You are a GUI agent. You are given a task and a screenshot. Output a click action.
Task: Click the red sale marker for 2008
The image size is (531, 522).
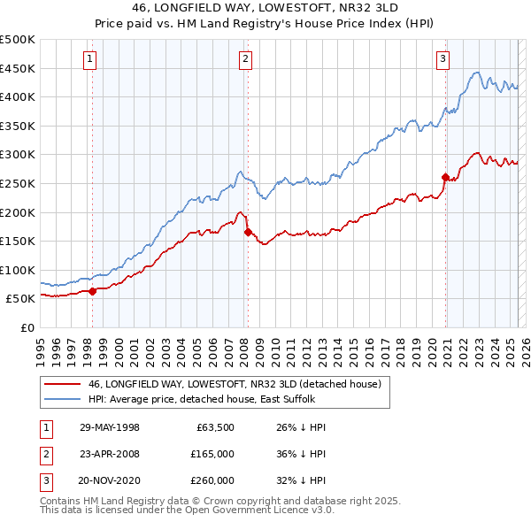point(248,232)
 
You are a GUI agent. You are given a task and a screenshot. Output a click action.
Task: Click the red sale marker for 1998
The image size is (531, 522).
point(92,290)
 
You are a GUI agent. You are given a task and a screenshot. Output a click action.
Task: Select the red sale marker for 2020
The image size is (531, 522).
point(444,177)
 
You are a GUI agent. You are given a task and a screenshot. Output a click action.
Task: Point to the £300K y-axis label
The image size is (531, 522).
point(18,155)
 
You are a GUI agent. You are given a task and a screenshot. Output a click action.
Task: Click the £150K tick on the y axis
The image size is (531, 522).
point(18,241)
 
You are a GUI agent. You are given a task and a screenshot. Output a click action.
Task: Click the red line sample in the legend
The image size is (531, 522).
point(62,385)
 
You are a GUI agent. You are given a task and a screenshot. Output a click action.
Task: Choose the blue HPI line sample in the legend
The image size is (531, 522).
point(62,400)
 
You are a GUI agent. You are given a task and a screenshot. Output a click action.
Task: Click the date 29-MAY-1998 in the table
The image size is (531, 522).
point(110,427)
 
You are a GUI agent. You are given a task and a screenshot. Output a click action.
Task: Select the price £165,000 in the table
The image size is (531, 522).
point(213,454)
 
